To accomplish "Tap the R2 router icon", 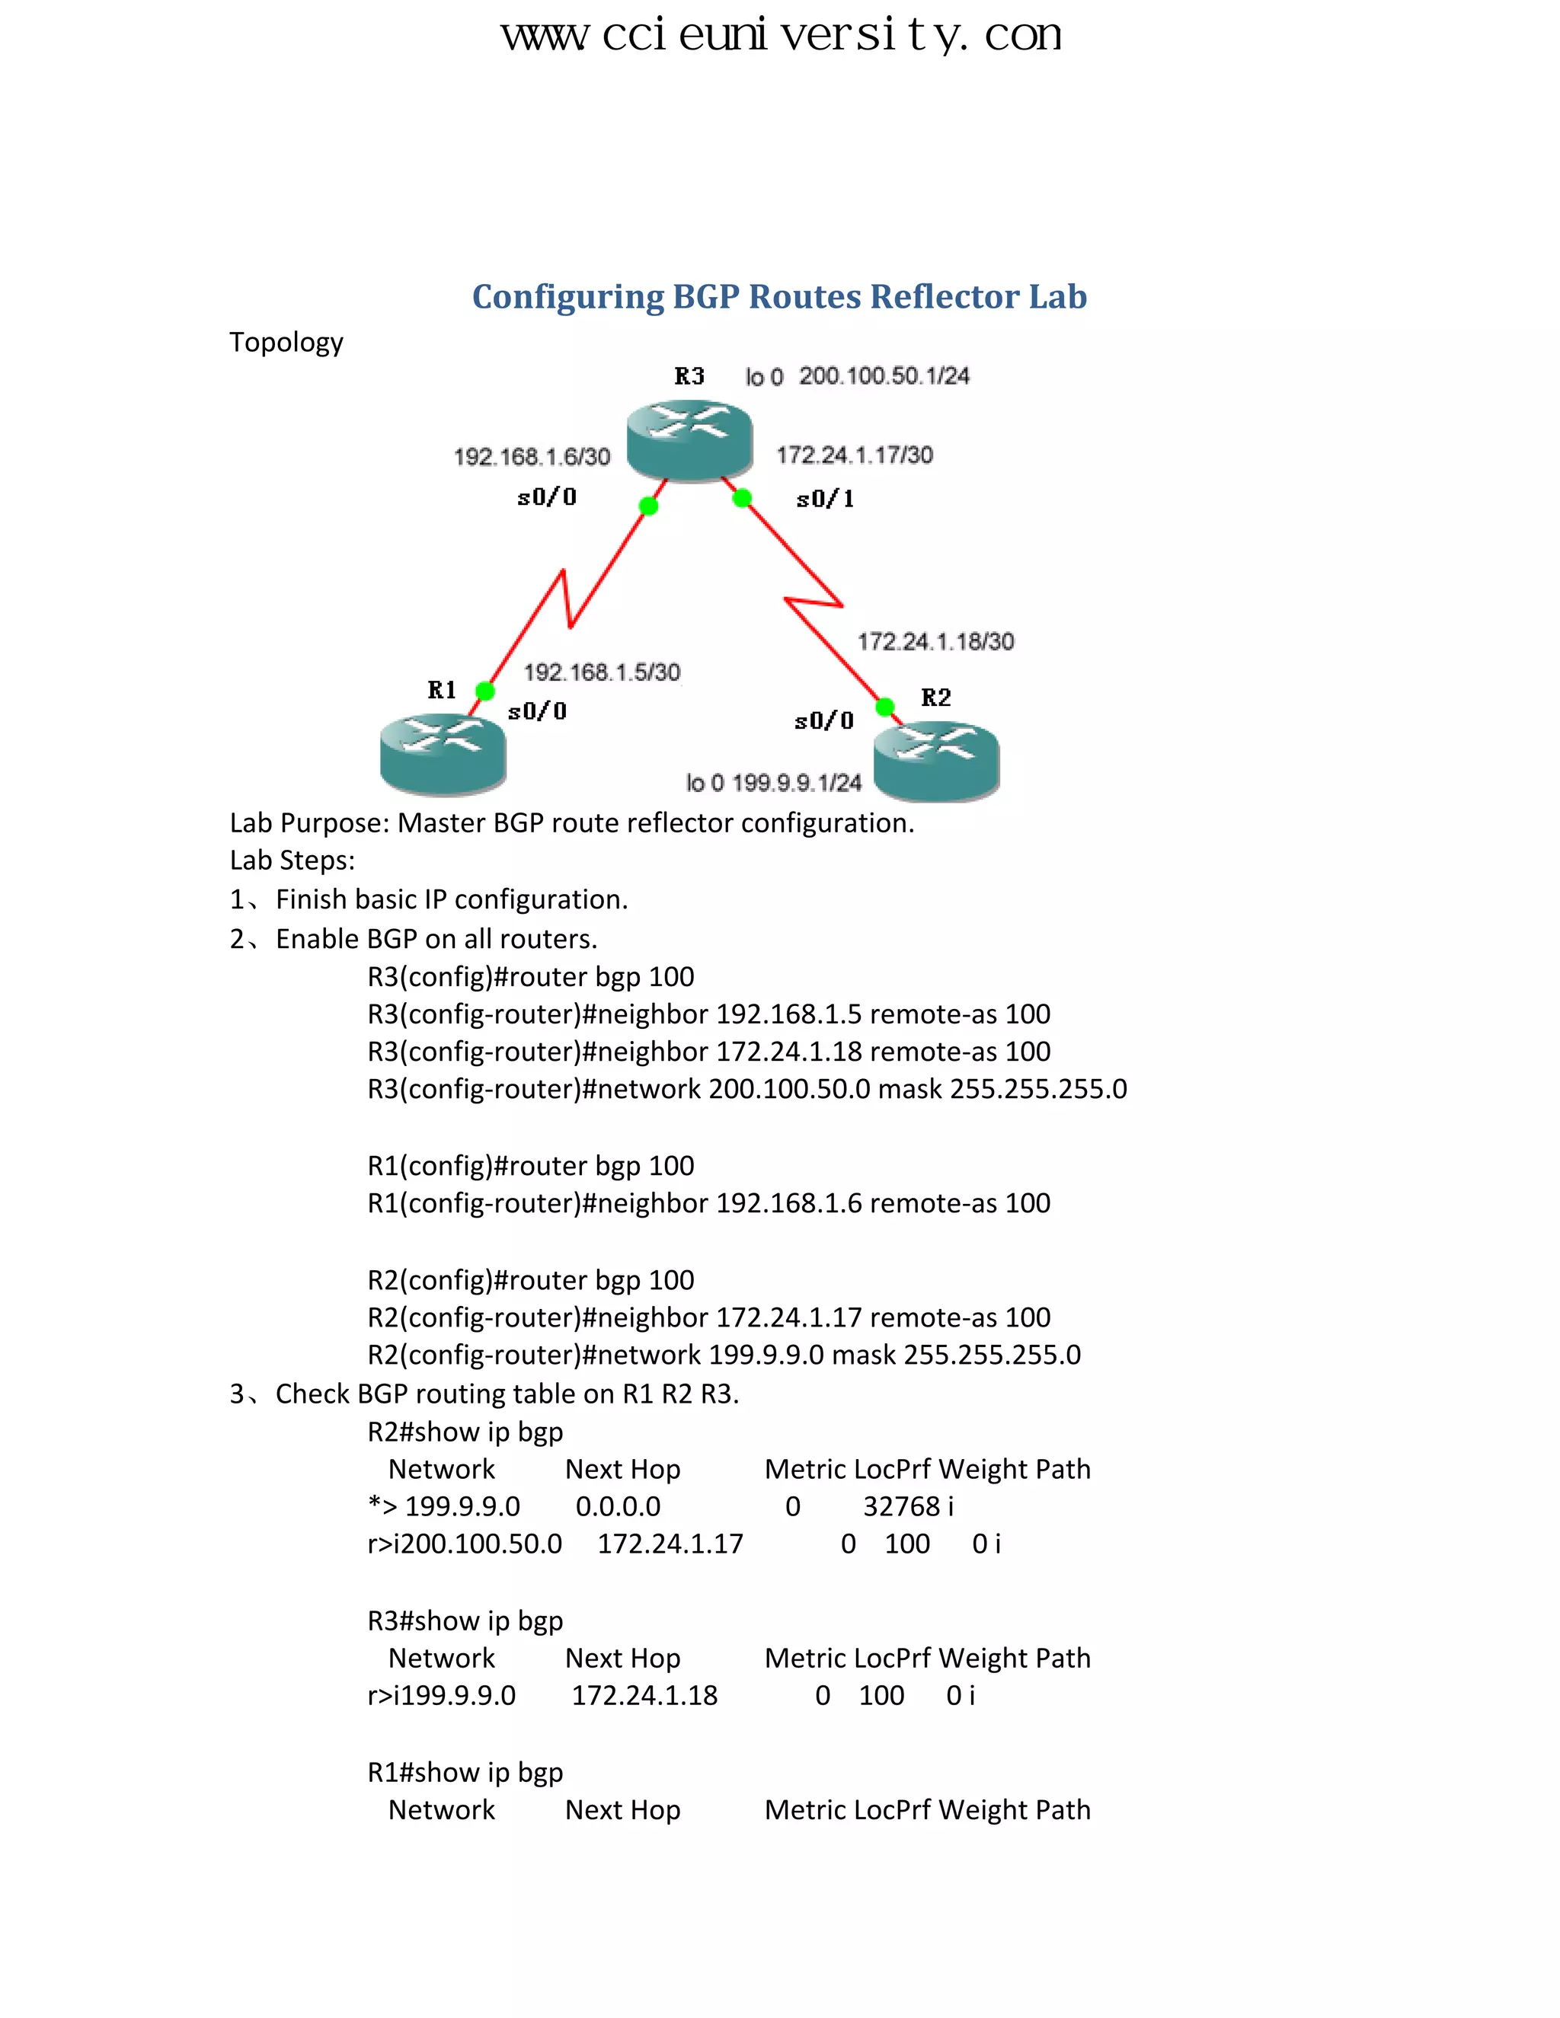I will point(936,762).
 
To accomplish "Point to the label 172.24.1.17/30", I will point(854,455).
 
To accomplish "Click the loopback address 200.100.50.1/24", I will point(884,375).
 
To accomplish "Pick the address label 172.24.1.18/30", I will point(935,641).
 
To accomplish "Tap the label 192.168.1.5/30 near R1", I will point(602,672).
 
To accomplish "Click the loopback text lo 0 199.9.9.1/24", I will point(772,783).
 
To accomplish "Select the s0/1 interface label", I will point(824,499).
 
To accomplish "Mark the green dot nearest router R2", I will point(884,707).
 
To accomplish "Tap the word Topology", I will point(286,343).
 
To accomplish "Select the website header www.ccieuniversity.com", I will point(781,35).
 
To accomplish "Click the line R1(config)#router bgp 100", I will point(530,1165).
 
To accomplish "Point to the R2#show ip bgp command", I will point(465,1432).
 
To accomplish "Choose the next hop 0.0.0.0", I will point(617,1506).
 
